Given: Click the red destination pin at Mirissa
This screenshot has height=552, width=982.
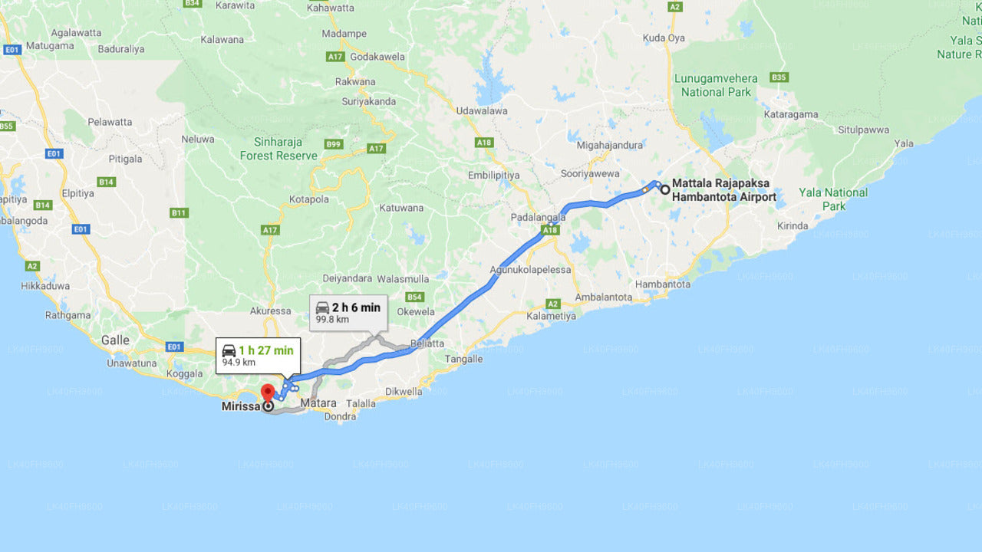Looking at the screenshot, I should [268, 393].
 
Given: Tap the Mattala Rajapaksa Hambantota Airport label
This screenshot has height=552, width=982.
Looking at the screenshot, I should [723, 190].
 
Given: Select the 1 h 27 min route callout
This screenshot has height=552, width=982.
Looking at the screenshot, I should [258, 356].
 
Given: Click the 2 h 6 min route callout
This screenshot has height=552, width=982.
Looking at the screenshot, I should [348, 312].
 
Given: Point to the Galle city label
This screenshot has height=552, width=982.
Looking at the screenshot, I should [115, 340].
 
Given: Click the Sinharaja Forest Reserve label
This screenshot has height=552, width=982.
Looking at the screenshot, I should [278, 149].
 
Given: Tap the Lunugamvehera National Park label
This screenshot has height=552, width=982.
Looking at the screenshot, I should [716, 85].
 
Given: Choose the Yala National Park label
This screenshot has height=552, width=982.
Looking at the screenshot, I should [833, 199].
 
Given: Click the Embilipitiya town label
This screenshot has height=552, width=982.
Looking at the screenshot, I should [494, 175].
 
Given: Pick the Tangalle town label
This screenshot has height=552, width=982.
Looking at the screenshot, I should [464, 359].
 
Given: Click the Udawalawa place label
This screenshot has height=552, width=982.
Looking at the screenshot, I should [482, 110].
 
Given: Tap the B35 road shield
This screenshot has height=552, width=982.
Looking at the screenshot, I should [779, 77].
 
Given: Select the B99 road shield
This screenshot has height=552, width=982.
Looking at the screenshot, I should [333, 144].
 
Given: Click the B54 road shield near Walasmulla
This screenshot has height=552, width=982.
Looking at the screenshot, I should [415, 297].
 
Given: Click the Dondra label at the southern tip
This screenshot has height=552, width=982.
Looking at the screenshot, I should [341, 416].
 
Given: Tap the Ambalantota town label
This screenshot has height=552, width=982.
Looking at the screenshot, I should [604, 297].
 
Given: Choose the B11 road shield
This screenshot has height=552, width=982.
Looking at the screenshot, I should [180, 212].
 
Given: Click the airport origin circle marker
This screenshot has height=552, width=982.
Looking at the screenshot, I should [665, 189].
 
